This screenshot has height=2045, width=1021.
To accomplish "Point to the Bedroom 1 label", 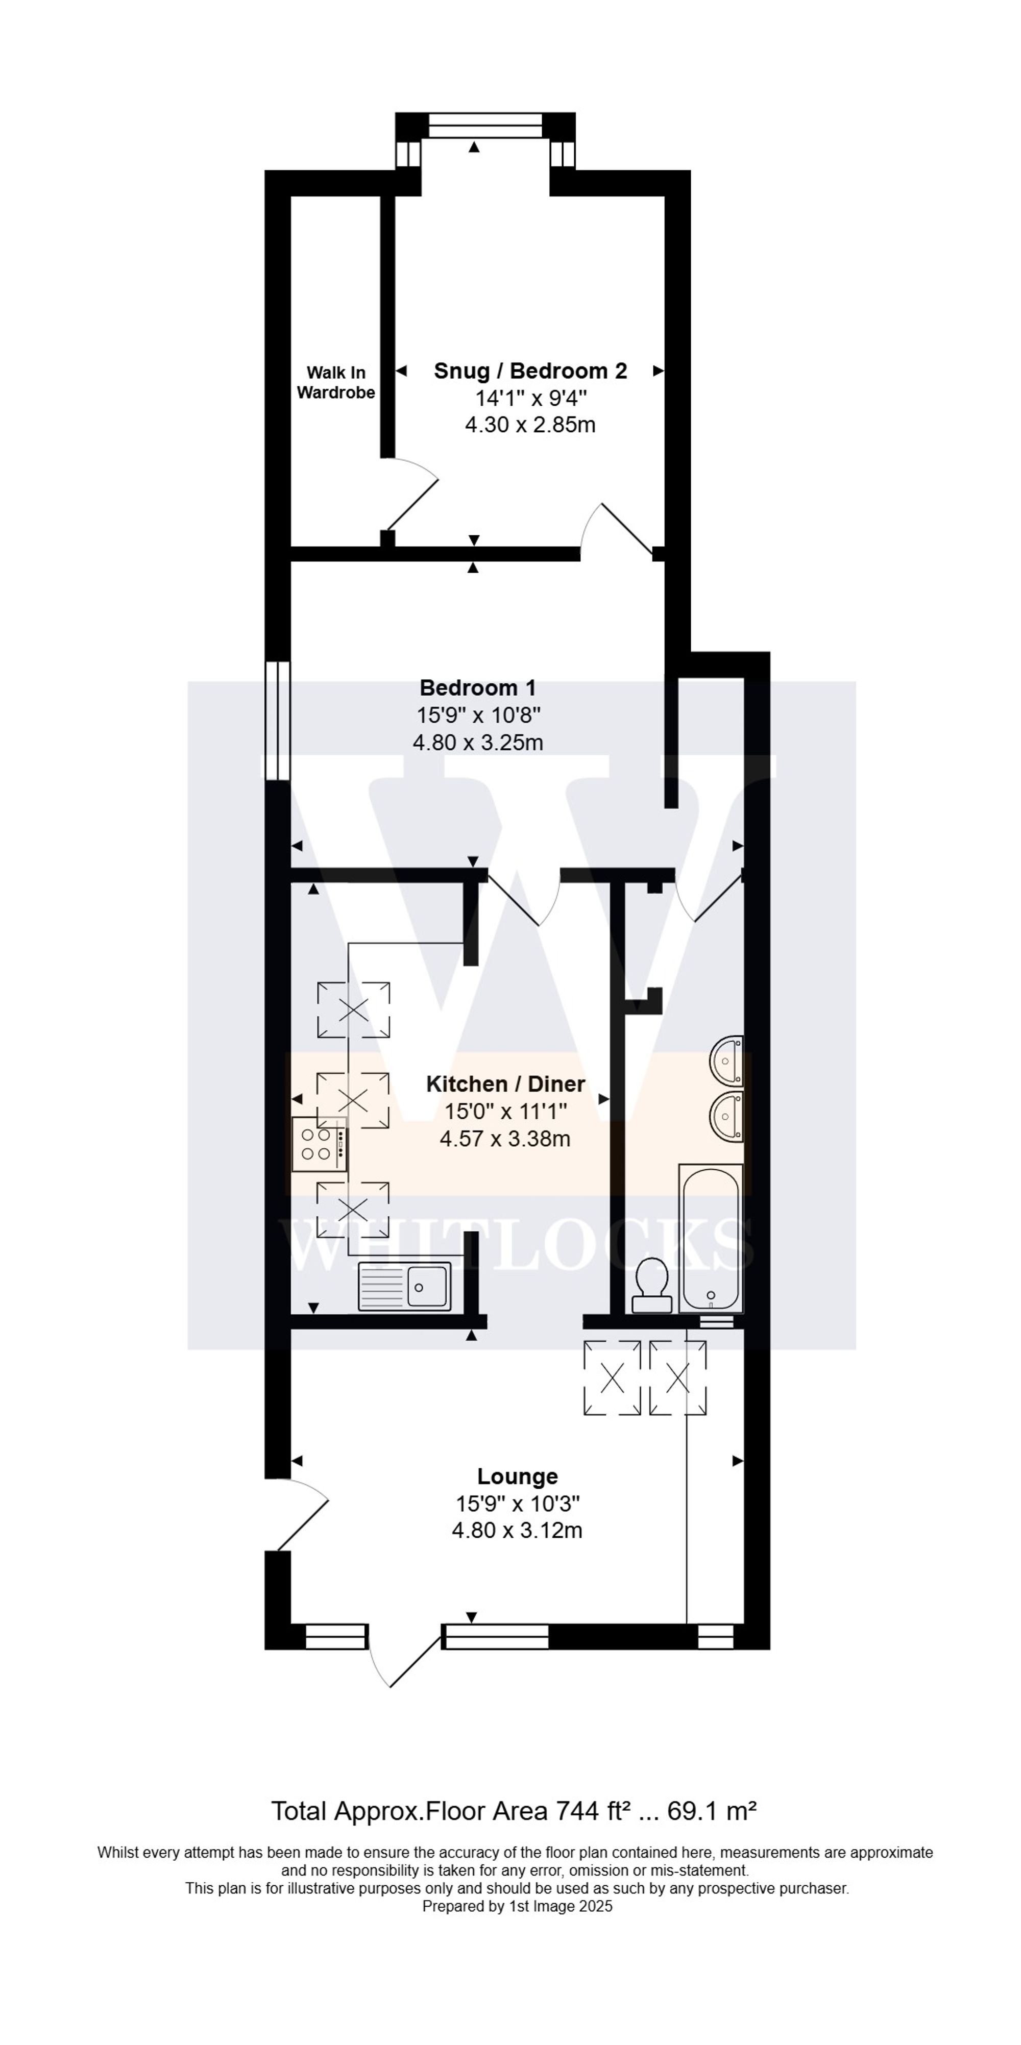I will click(x=477, y=687).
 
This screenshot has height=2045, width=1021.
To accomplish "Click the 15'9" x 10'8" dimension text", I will click(x=478, y=716).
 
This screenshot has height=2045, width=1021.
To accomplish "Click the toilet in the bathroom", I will click(x=652, y=1284).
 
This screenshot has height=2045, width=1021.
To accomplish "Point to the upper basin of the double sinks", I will click(x=726, y=1060).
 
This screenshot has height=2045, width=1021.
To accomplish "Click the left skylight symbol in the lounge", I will click(x=612, y=1377).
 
